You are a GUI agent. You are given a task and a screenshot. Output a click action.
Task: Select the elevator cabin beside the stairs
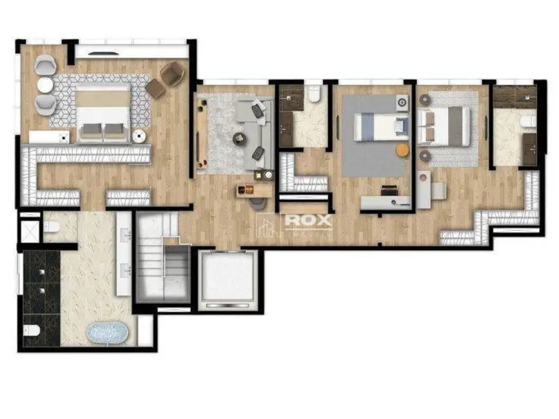tap(228, 277)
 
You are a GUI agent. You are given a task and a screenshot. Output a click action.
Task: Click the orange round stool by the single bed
tap(402, 150)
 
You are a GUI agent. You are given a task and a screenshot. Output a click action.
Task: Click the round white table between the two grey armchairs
tap(44, 84)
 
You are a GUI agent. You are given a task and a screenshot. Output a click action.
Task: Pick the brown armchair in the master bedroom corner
tap(172, 73)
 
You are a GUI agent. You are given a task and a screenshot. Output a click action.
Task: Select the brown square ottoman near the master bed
tap(155, 88)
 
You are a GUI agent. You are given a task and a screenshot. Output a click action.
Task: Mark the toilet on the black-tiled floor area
tap(33, 331)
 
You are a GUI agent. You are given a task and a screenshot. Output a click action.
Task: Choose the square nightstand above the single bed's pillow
tap(402, 102)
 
